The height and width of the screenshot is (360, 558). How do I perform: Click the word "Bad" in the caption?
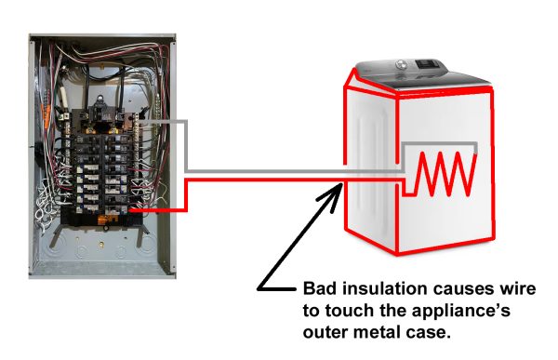(x=320, y=288)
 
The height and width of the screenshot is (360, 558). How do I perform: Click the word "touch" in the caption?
(x=351, y=310)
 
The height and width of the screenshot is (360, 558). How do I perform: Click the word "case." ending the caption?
(x=429, y=334)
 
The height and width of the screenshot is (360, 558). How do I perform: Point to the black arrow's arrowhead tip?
(x=342, y=183)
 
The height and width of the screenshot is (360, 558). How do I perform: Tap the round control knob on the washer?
(x=402, y=65)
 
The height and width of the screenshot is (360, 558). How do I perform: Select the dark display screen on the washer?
(x=427, y=64)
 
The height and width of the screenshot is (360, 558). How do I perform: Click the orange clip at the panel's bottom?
(x=104, y=220)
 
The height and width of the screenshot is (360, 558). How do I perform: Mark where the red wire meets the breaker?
(x=129, y=210)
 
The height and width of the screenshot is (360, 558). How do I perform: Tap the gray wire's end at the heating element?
(x=475, y=153)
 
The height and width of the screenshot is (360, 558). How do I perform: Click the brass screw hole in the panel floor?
(x=101, y=245)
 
